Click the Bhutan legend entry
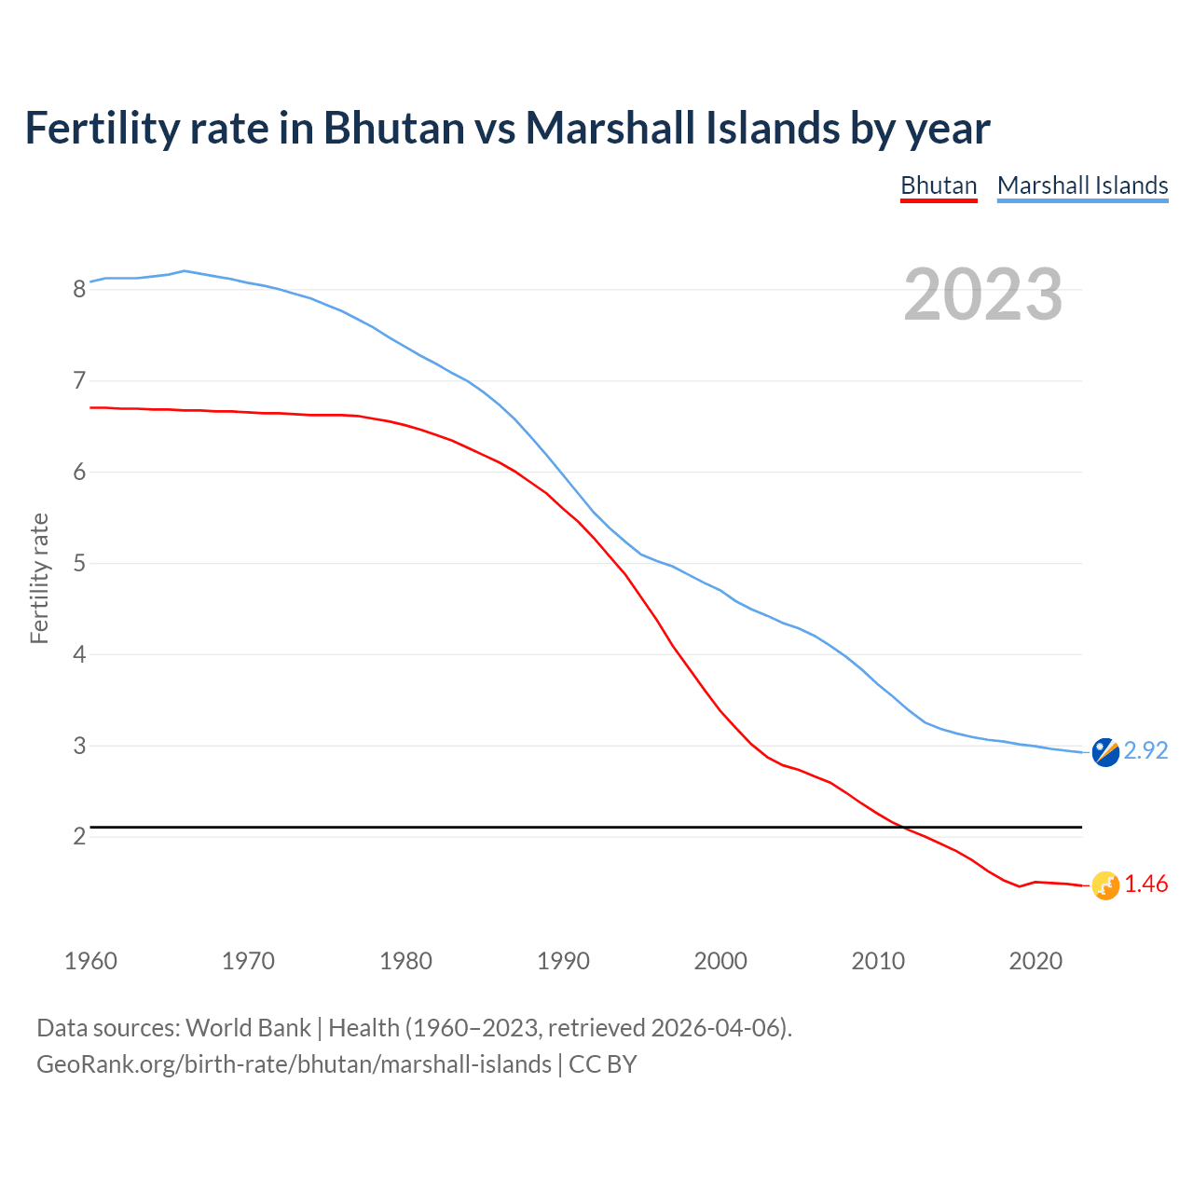pyautogui.click(x=939, y=185)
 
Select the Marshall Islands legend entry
pyautogui.click(x=1082, y=185)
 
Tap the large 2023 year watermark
pyautogui.click(x=982, y=295)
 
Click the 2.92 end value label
pyautogui.click(x=1145, y=750)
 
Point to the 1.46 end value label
pyautogui.click(x=1145, y=884)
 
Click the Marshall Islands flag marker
pyautogui.click(x=1105, y=752)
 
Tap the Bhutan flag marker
pyautogui.click(x=1105, y=885)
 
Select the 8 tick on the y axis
pyautogui.click(x=79, y=289)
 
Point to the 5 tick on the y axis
pyautogui.click(x=79, y=563)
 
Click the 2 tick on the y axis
pyautogui.click(x=79, y=836)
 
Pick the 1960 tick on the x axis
pyautogui.click(x=90, y=961)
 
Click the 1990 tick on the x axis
pyautogui.click(x=563, y=961)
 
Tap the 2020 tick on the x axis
pyautogui.click(x=1035, y=961)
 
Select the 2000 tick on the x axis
pyautogui.click(x=720, y=961)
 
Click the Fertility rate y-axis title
pyautogui.click(x=39, y=578)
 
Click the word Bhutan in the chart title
pyautogui.click(x=393, y=128)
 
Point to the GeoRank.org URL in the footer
pyautogui.click(x=294, y=1064)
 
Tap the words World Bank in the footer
pyautogui.click(x=248, y=1028)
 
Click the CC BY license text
pyautogui.click(x=603, y=1064)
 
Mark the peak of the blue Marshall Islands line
pyautogui.click(x=185, y=270)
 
